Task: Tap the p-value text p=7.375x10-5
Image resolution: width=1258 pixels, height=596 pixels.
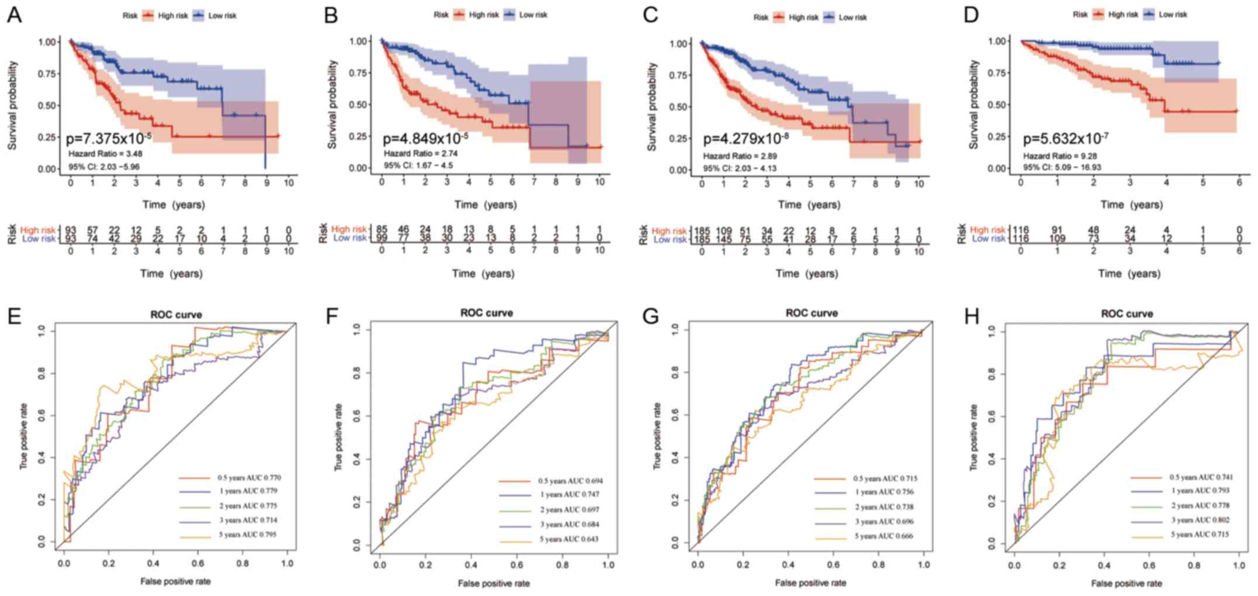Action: coord(108,139)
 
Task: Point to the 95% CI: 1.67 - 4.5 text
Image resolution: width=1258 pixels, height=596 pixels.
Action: coord(418,166)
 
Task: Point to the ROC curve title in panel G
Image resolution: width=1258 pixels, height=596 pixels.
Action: coord(811,313)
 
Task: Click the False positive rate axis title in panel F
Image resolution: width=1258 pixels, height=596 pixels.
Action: coord(494,583)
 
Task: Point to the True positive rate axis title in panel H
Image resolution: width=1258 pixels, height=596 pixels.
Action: coord(974,437)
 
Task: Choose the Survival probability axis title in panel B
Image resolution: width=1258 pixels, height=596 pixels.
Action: coord(332,104)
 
